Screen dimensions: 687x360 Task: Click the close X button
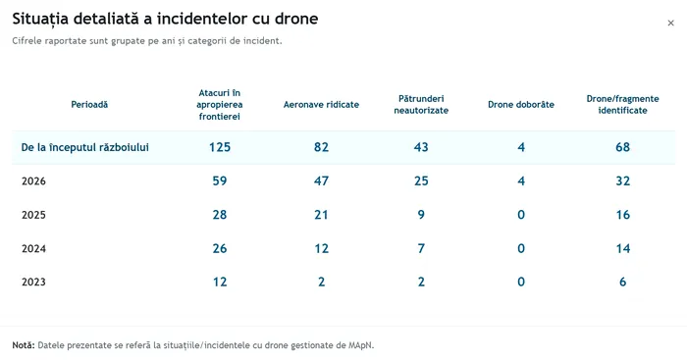pos(670,23)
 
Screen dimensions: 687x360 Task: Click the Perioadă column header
pos(89,105)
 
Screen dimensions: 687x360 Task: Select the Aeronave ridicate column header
pos(321,105)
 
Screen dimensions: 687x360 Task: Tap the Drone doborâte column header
pos(521,105)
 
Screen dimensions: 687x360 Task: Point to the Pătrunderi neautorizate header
pos(421,105)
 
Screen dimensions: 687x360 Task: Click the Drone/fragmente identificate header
pos(622,105)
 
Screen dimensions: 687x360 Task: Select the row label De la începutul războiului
pos(85,147)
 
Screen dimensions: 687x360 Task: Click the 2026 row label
pos(33,180)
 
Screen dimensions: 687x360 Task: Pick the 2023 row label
pos(33,282)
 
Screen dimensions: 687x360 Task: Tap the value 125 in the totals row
pos(220,147)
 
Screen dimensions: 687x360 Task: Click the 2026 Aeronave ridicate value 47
pos(321,180)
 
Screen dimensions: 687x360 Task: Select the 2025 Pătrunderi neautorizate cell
pos(421,215)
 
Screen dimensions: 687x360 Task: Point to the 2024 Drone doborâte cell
pos(521,248)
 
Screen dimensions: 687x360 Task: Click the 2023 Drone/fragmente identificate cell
pos(622,282)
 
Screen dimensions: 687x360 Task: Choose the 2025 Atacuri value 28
pos(220,215)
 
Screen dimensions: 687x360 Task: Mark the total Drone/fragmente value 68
pos(622,147)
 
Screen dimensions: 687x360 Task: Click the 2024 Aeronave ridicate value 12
pos(321,248)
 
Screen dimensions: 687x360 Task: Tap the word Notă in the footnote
pos(24,345)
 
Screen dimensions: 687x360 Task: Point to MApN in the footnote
pos(360,345)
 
